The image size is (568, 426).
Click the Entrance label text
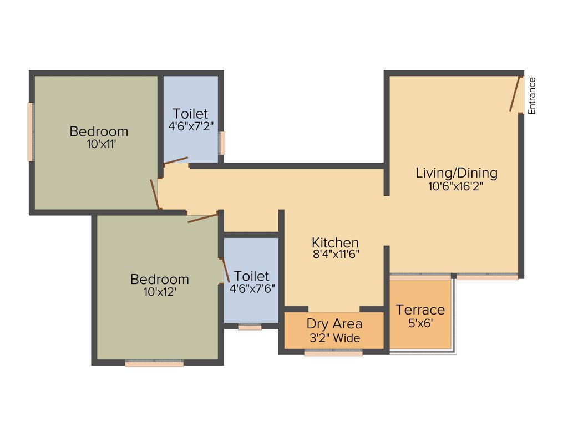[x=532, y=96]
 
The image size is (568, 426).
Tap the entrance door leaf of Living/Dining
[x=515, y=94]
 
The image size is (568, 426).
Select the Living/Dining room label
[x=457, y=173]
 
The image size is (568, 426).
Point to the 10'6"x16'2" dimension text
[x=457, y=186]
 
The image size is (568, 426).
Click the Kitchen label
[x=335, y=242]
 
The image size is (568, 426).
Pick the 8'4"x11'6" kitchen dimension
[x=335, y=255]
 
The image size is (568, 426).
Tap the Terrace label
[x=420, y=310]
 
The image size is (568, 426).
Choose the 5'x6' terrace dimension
[x=420, y=323]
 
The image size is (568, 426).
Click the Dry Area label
[x=334, y=324]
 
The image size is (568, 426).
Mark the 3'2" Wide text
[x=334, y=338]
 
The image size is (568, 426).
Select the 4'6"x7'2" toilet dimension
[x=190, y=126]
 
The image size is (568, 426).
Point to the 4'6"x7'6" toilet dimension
[x=252, y=288]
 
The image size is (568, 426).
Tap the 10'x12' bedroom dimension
[x=159, y=292]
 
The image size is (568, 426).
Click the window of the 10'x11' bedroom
[x=31, y=132]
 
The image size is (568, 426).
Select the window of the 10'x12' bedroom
[x=154, y=364]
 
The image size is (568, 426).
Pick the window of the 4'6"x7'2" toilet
[x=222, y=143]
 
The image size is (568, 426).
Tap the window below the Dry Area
[x=333, y=353]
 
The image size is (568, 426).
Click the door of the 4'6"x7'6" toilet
[x=225, y=270]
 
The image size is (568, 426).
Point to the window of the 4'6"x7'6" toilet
[x=250, y=327]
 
